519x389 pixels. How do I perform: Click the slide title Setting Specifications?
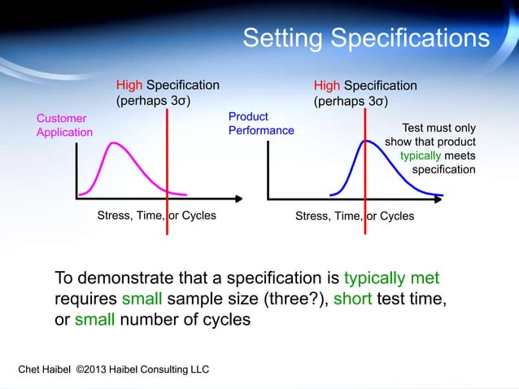pos(366,38)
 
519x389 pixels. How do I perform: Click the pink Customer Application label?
pos(64,125)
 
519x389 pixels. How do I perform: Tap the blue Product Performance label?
pos(261,124)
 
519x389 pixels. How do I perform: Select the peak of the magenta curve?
pos(115,143)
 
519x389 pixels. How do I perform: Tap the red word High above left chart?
pos(129,85)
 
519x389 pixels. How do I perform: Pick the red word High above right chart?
pos(327,85)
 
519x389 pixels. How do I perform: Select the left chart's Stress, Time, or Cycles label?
pos(156,216)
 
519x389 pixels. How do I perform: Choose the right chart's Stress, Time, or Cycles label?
pos(354,216)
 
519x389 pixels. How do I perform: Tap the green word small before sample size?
pos(144,299)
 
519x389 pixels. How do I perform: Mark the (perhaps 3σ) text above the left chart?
pos(154,102)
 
